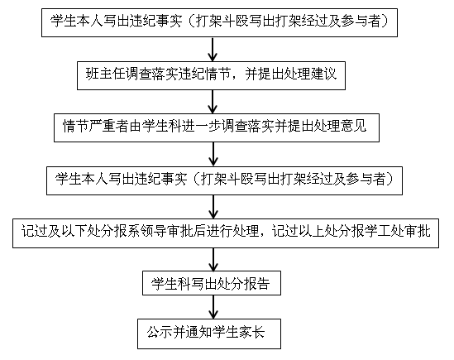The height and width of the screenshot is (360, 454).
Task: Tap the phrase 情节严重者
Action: click(96, 126)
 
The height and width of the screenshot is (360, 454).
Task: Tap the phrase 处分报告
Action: click(243, 283)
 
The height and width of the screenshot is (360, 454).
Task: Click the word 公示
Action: click(160, 332)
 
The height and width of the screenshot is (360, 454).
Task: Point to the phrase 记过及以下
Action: click(55, 232)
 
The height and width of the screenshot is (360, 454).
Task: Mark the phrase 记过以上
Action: click(299, 232)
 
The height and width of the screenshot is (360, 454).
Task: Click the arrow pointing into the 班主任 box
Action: click(213, 50)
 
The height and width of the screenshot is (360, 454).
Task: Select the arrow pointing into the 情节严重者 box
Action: click(213, 102)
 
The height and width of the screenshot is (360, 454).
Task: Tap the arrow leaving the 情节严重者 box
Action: click(213, 154)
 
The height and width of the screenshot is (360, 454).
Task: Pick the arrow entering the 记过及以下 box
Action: click(213, 207)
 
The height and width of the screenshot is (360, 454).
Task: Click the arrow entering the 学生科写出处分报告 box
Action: click(213, 260)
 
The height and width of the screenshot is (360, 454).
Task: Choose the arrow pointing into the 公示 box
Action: click(213, 307)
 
